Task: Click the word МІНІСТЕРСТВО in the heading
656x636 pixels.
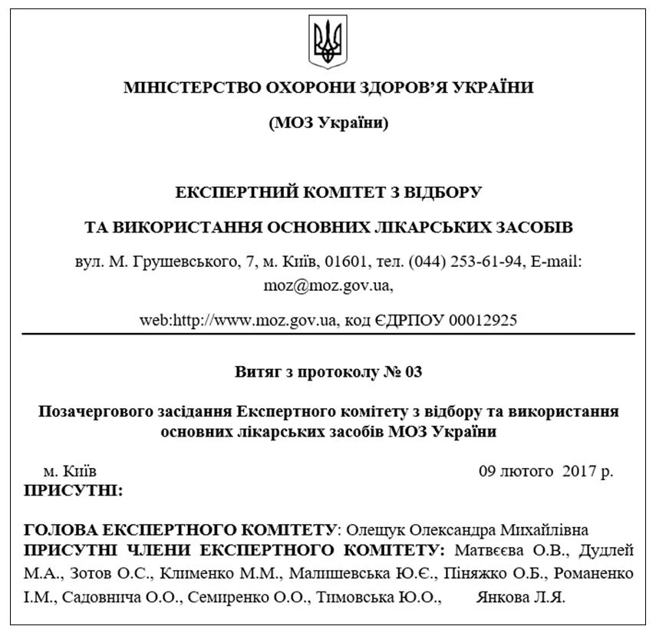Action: pos(181,87)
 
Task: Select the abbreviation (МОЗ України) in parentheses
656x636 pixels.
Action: pos(328,123)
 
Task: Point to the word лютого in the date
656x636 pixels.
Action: pos(527,471)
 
